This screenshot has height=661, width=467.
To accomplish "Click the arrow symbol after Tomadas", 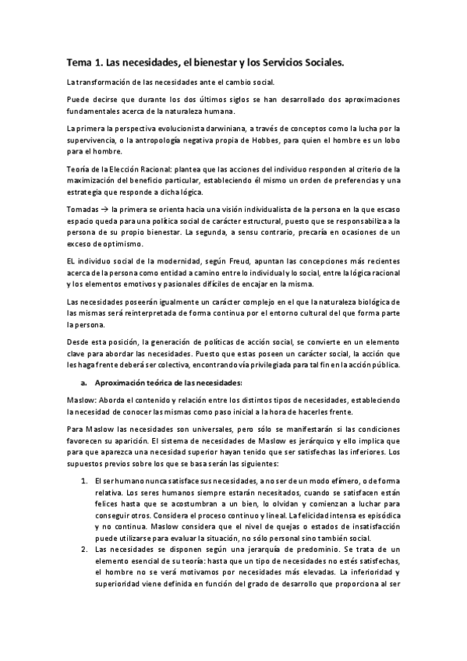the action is point(104,210).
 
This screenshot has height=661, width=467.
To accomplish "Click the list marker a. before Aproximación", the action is point(83,383).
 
